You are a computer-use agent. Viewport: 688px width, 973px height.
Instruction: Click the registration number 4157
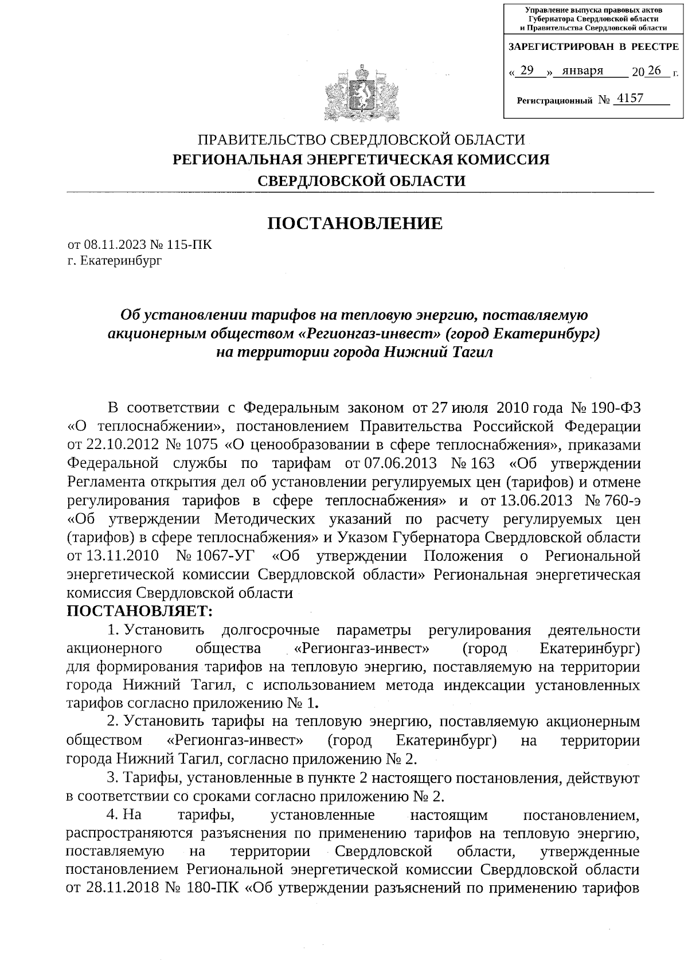coord(628,99)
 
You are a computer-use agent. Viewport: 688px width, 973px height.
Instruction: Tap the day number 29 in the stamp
coord(527,71)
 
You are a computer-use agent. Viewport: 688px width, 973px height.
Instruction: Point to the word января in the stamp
coord(583,71)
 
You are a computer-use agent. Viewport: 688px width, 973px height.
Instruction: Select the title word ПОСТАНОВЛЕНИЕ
coord(355,223)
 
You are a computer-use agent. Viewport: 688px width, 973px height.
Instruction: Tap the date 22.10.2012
coord(122,446)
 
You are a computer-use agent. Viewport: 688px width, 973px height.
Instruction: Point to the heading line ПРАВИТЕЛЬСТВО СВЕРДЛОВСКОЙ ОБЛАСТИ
coord(361,139)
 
